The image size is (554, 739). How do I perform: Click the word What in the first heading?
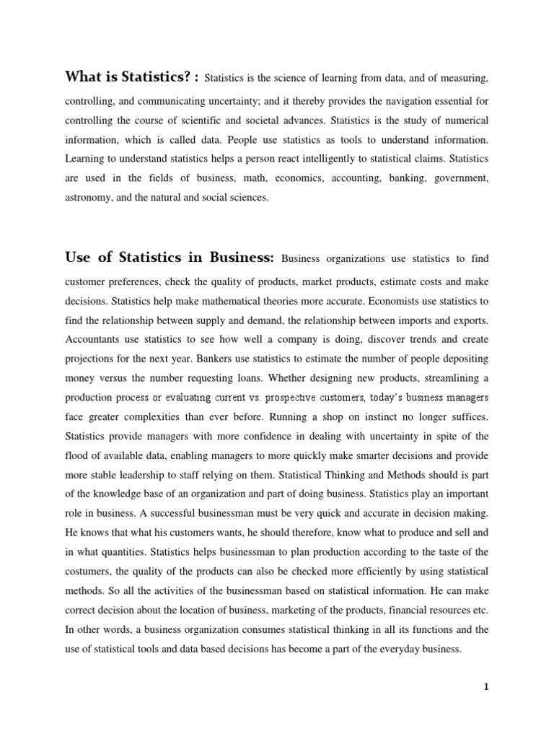[82, 77]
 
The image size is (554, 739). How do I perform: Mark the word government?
[461, 177]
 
